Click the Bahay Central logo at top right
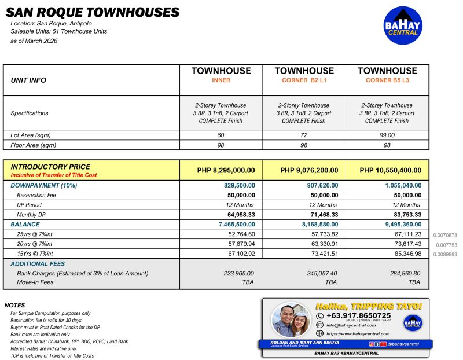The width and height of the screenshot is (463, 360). pos(403,25)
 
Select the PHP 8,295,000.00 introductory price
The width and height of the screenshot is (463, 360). pos(221,170)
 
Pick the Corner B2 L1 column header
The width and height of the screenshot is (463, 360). pos(304,80)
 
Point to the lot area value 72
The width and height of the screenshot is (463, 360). pos(304,135)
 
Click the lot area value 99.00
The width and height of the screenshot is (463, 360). pos(387,135)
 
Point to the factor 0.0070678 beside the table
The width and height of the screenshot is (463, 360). pos(446,235)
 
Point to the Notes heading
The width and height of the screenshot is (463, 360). pos(14,305)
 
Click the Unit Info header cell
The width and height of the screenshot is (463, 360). pos(28,80)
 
